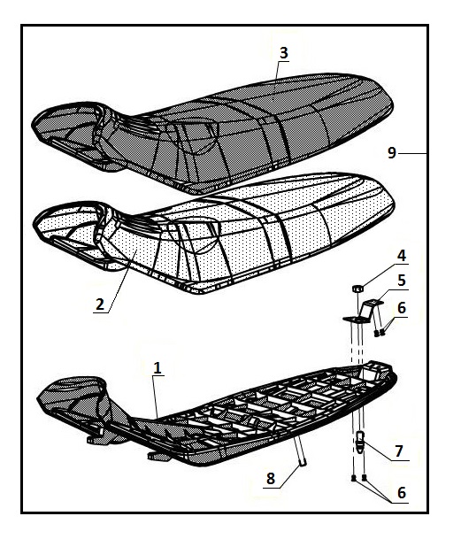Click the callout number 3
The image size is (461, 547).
pos(284,53)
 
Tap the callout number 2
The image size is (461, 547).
pos(100,304)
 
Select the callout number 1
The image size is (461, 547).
pos(158,367)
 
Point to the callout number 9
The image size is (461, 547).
pos(392,153)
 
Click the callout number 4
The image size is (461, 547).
pos(402,256)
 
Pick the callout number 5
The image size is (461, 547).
pos(402,280)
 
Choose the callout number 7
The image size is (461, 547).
pos(399,451)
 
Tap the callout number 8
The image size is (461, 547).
pos(271,478)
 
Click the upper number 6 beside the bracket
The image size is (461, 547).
pos(402,308)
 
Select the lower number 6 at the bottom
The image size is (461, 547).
pos(402,493)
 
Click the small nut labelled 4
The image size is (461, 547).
pos(357,289)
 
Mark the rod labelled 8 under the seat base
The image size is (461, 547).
pos(300,451)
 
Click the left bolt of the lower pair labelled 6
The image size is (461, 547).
pos(353,478)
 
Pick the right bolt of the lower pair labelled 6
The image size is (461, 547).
pos(365,478)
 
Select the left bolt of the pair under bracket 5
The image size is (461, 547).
pos(376,334)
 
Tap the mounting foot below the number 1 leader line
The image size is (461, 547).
pos(156,455)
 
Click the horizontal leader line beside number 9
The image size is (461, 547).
pos(413,153)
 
